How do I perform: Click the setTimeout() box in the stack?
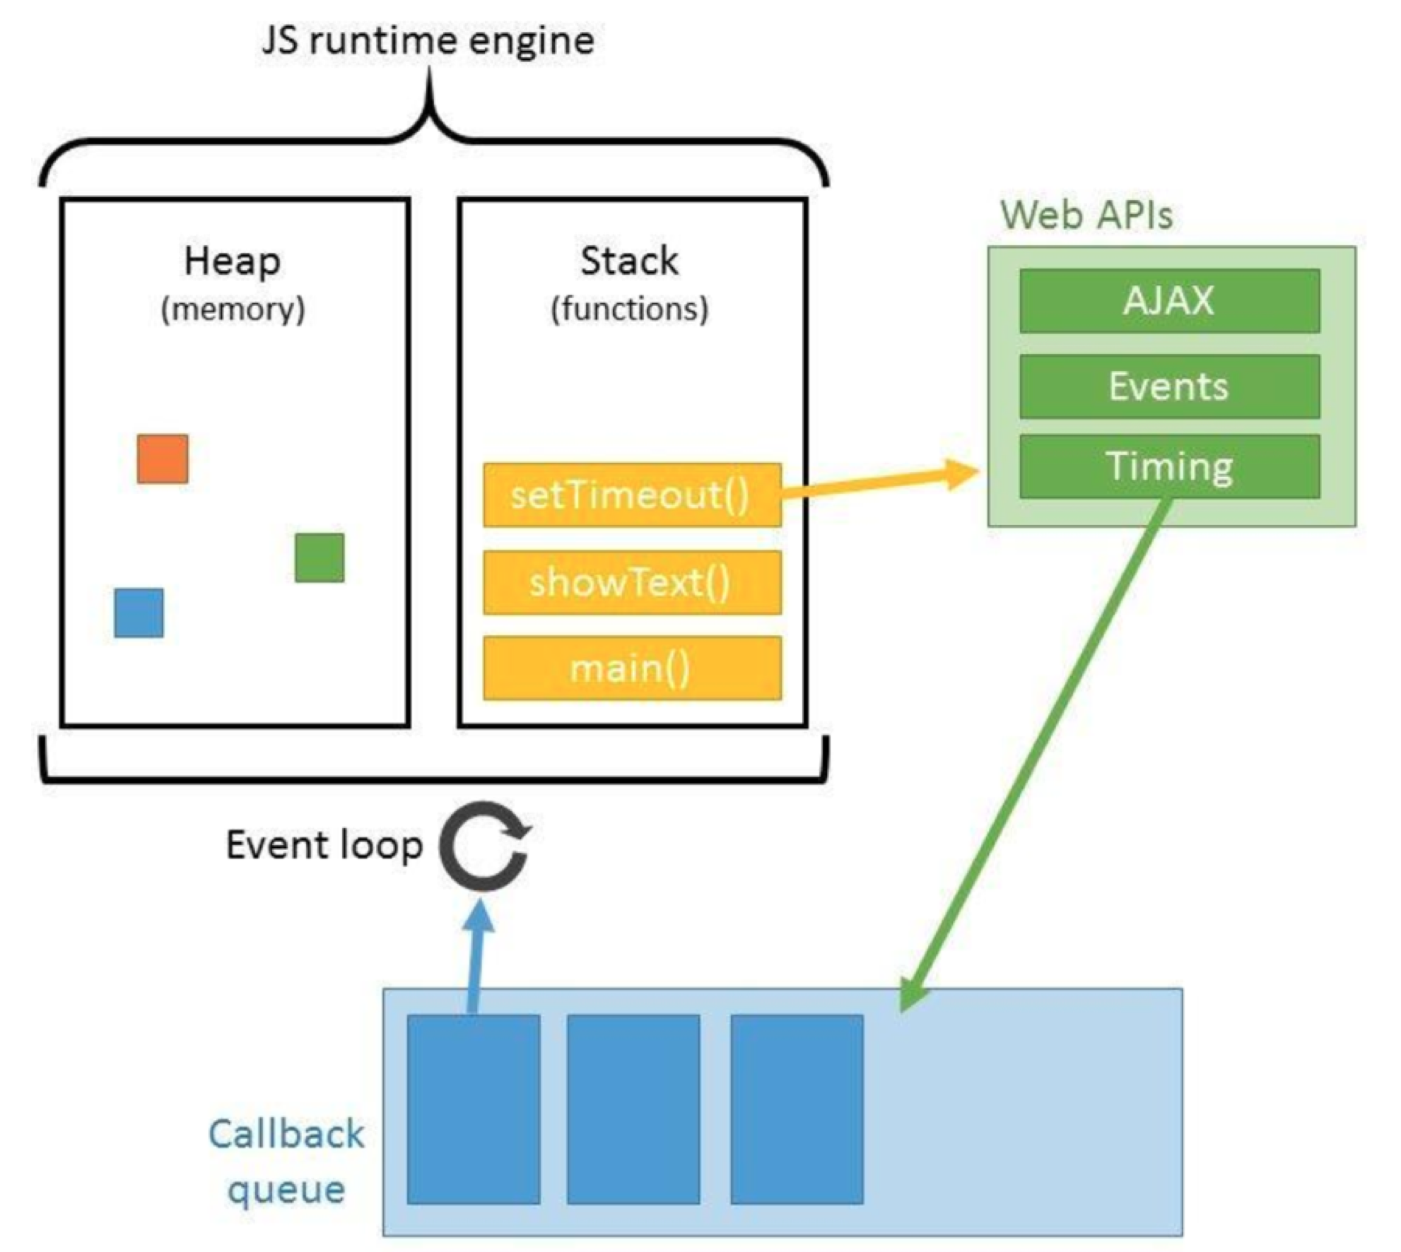click(632, 495)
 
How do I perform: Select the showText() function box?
click(632, 582)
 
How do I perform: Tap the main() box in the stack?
click(632, 668)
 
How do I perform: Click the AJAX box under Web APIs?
click(1169, 300)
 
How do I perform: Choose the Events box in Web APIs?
click(1169, 386)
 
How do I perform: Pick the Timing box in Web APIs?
click(1169, 466)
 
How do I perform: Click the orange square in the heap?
click(163, 459)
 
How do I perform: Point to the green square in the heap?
click(320, 557)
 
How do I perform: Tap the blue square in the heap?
click(139, 613)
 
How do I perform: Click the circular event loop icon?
click(443, 845)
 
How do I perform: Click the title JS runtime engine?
click(428, 40)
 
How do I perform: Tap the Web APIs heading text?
click(1087, 215)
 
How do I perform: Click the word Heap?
click(233, 261)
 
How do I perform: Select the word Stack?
click(630, 261)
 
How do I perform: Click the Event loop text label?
click(324, 845)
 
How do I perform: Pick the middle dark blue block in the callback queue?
click(633, 1109)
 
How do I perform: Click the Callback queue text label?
click(286, 1163)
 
